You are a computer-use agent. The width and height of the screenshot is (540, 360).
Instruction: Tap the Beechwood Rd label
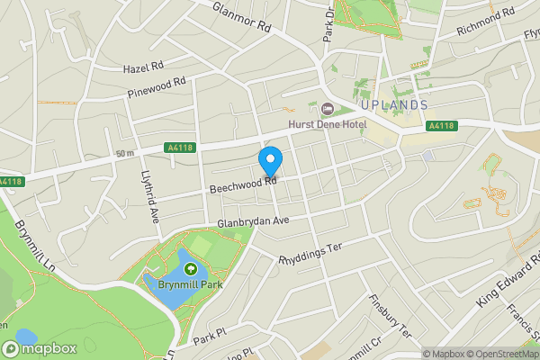[241, 183]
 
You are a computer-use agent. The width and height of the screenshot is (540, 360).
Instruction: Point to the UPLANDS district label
[399, 105]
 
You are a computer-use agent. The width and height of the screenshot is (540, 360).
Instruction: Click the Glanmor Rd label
[242, 17]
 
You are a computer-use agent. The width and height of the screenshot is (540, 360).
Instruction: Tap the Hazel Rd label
[144, 67]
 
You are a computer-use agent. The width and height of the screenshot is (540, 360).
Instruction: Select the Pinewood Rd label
[157, 86]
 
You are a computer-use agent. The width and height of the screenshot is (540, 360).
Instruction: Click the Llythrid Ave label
[148, 197]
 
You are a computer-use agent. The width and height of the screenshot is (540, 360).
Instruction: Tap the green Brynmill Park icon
[191, 268]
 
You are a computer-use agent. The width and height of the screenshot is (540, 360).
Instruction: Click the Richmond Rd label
[485, 21]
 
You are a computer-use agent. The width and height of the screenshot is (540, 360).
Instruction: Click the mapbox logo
[40, 348]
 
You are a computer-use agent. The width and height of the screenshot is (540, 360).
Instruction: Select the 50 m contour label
[124, 154]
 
